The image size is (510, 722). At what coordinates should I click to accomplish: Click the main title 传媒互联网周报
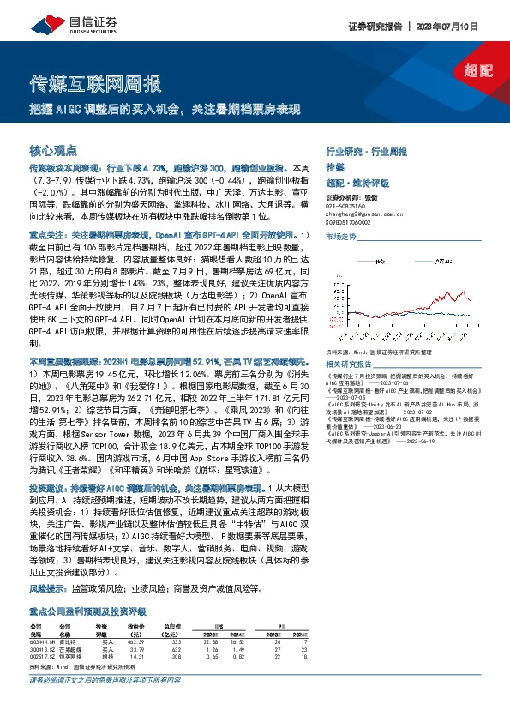click(x=95, y=85)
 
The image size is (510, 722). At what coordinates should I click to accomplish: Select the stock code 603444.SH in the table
click(x=42, y=640)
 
